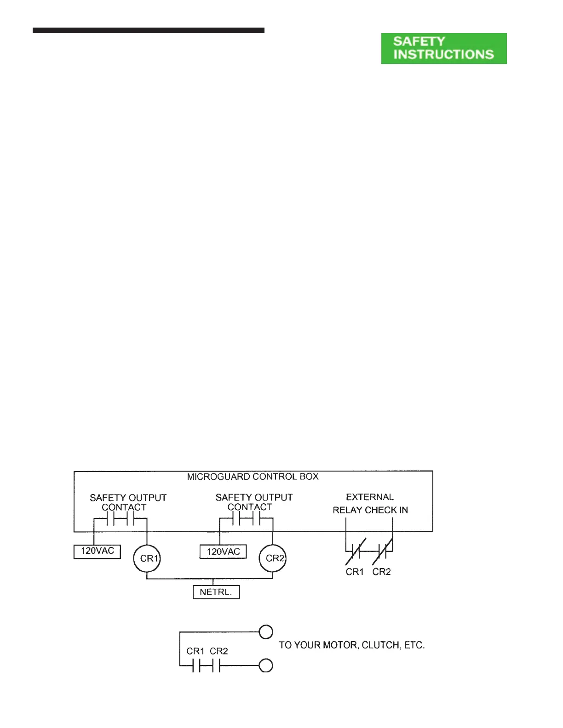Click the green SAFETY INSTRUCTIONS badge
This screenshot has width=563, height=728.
pos(443,48)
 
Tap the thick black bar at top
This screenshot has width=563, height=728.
pos(148,30)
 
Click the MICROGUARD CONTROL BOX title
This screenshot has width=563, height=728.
pos(253,477)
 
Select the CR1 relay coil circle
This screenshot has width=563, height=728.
pos(147,558)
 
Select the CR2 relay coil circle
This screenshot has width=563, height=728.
pos(273,558)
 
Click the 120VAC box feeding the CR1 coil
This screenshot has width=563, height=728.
pos(97,551)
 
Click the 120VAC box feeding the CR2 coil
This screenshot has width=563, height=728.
pos(223,552)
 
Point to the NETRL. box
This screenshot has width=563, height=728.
pos(216,592)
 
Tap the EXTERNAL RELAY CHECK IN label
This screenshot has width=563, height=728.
pos(370,504)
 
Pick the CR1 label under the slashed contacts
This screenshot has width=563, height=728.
pos(355,572)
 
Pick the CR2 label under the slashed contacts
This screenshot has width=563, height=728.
pos(381,572)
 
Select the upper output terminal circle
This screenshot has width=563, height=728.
pos(266,632)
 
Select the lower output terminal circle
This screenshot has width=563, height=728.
pos(266,665)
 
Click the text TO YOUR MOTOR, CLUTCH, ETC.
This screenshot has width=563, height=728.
pos(351,645)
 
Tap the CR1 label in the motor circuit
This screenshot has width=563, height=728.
pos(195,651)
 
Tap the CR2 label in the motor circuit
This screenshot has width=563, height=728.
pos(219,651)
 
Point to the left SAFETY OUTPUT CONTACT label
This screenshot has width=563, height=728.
pos(128,502)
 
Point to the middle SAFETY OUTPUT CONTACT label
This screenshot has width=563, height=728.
pos(253,502)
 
